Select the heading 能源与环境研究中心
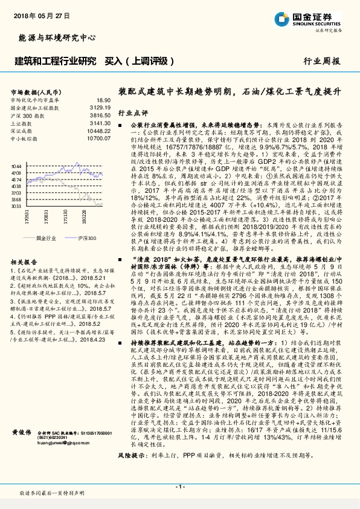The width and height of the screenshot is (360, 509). point(57,38)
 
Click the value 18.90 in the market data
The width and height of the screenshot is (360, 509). point(103,100)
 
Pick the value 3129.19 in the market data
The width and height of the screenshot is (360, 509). point(101,107)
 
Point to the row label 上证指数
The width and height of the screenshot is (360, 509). point(22,122)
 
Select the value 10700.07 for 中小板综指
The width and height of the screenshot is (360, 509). point(100,137)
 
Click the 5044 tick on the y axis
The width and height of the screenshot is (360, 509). point(16,165)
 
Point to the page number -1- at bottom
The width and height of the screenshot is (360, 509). point(179,486)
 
